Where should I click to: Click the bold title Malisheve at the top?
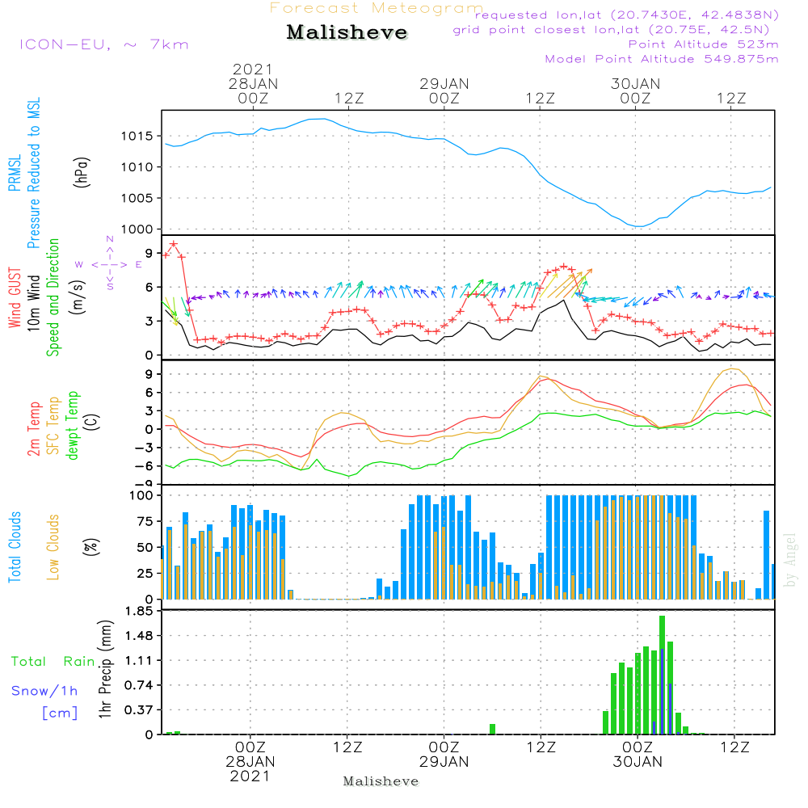[x=347, y=32]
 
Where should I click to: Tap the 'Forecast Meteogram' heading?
[x=377, y=8]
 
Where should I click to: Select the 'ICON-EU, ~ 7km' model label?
[x=103, y=44]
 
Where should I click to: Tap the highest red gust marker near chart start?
[x=173, y=243]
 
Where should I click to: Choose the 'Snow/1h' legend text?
[x=45, y=691]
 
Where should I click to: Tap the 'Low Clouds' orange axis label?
[x=53, y=546]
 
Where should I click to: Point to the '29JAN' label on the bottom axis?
[x=444, y=761]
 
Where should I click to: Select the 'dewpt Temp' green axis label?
[x=73, y=426]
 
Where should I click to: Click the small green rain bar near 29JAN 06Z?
[x=492, y=729]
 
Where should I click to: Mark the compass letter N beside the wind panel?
[x=110, y=239]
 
